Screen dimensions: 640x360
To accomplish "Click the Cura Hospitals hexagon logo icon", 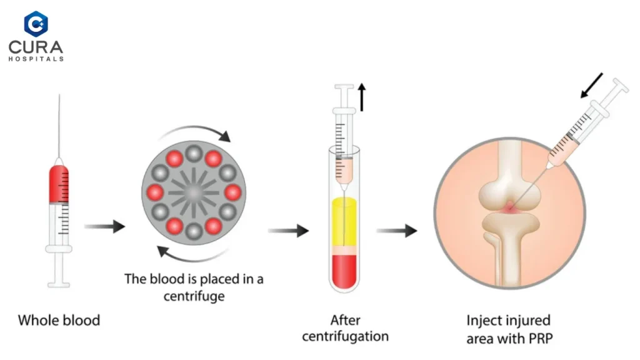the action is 36,24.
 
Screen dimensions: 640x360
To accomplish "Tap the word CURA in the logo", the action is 36,47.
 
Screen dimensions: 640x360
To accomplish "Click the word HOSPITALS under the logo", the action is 36,59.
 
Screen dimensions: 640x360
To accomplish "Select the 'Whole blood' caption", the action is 59,321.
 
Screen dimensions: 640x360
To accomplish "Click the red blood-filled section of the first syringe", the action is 59,184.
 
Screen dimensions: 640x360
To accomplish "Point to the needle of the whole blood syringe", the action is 59,126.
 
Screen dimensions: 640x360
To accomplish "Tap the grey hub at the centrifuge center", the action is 194,192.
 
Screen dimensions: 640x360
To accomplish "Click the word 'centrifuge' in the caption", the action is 194,296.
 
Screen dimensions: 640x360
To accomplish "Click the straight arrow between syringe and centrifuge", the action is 104,226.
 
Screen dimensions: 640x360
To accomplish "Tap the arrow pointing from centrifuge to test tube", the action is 288,231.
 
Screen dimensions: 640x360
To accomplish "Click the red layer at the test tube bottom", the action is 344,271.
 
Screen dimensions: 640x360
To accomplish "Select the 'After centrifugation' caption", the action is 345,329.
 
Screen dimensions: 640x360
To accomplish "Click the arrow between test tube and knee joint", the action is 396,231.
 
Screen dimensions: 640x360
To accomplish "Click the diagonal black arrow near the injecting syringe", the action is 592,86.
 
